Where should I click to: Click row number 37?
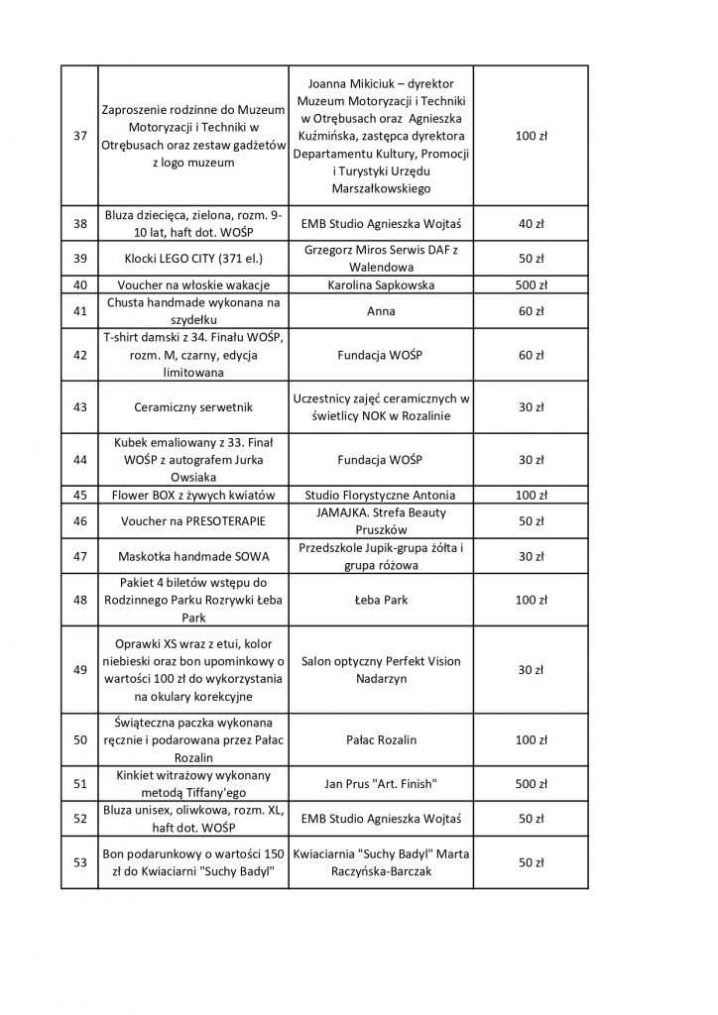coord(80,135)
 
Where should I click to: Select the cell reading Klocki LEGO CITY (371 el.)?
coord(191,259)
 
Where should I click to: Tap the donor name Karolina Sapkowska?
coord(381,285)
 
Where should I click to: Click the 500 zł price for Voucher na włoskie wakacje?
coord(532,285)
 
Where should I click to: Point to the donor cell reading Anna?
coord(381,311)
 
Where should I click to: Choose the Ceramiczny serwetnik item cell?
coord(191,407)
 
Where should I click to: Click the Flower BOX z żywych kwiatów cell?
coord(191,495)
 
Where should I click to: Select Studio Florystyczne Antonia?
coord(381,495)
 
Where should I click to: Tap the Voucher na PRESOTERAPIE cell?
coord(191,521)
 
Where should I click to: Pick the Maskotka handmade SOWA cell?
coord(191,556)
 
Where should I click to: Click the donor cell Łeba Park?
coord(381,600)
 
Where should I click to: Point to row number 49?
coord(80,670)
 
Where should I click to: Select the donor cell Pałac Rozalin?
coord(381,740)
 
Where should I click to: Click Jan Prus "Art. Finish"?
coord(381,784)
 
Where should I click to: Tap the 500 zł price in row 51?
coord(532,784)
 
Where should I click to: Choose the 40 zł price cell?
coord(532,224)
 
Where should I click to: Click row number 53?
coord(80,862)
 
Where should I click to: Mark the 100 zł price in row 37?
coord(532,135)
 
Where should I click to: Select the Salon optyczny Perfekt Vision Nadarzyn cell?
coord(381,670)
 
